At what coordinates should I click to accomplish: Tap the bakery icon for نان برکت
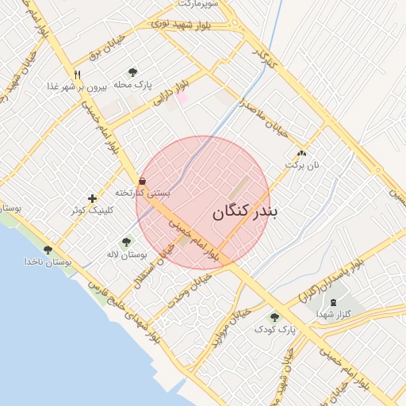point(301,153)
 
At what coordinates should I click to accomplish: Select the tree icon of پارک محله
point(132,72)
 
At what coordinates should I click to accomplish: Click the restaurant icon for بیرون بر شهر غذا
point(77,75)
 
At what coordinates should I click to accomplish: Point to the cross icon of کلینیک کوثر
point(93,197)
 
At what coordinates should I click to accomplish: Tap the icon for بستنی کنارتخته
point(142,180)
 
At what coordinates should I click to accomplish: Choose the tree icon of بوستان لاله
point(127,242)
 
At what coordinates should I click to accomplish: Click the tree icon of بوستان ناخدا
point(48,250)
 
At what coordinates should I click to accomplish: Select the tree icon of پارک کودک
point(275,317)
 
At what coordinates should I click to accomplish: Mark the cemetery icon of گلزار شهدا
point(333,302)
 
